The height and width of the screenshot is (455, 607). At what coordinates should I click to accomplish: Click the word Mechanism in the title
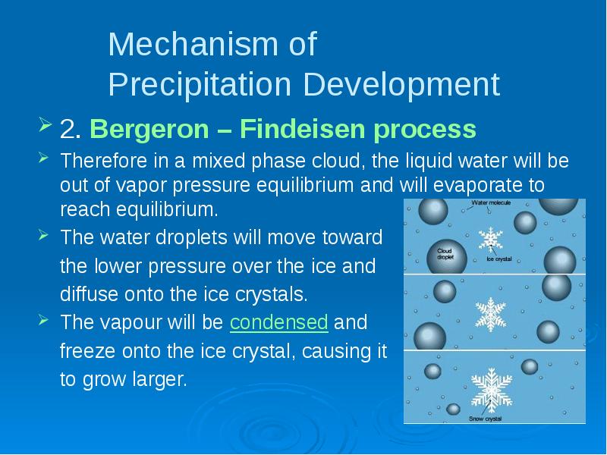click(193, 44)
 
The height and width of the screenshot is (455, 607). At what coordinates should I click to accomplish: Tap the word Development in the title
click(401, 84)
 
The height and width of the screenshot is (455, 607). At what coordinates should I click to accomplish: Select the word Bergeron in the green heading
click(149, 129)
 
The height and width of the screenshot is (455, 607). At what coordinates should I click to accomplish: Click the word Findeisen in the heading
click(303, 128)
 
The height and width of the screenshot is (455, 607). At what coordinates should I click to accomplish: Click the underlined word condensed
click(279, 322)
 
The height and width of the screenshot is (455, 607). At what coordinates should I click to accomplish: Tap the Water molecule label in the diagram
click(491, 202)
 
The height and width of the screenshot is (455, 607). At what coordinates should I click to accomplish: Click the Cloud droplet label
click(445, 254)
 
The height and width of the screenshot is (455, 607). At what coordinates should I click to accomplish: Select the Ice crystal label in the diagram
click(499, 259)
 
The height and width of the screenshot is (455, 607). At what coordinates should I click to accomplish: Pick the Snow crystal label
click(485, 419)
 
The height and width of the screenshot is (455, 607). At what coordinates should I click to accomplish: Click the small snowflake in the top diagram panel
click(490, 238)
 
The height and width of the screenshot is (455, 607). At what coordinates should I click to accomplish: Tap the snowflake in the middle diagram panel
click(490, 314)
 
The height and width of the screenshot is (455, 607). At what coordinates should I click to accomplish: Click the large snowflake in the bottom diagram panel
click(492, 390)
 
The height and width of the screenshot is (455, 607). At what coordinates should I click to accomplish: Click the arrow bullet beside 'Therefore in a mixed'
click(43, 158)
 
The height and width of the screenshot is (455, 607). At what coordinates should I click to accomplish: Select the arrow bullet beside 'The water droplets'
click(43, 234)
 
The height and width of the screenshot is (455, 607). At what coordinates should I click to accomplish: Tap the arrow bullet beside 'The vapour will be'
click(43, 319)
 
